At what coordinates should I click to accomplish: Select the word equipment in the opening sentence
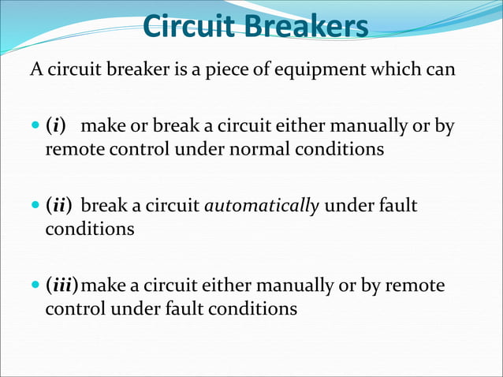click(x=305, y=69)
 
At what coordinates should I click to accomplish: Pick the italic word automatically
click(x=262, y=206)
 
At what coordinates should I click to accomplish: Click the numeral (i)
click(x=56, y=126)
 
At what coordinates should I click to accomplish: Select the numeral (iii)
click(x=63, y=285)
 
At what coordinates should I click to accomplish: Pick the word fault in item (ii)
click(x=397, y=206)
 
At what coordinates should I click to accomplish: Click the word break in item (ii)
click(x=102, y=206)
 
